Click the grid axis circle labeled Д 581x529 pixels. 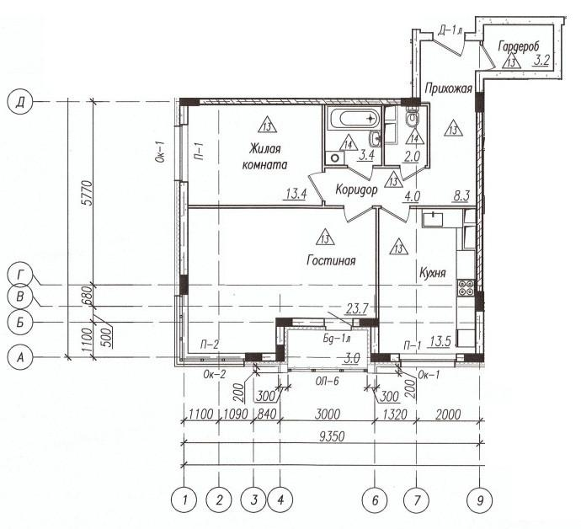tap(20, 102)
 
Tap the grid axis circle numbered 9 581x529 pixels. tap(480, 500)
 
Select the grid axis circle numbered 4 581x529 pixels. tap(280, 500)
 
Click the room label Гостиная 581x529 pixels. tap(331, 260)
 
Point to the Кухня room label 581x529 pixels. tap(433, 273)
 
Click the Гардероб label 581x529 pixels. tap(519, 46)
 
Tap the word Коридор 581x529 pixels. tap(356, 190)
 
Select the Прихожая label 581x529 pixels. tap(448, 88)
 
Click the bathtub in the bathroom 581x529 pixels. tap(354, 118)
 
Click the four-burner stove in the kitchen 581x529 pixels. tap(466, 288)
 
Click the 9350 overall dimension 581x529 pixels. tap(332, 436)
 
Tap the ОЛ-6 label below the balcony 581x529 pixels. tap(328, 381)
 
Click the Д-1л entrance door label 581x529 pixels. tap(450, 30)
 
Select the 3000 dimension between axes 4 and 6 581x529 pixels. tap(328, 414)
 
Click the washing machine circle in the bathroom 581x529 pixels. tap(335, 158)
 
